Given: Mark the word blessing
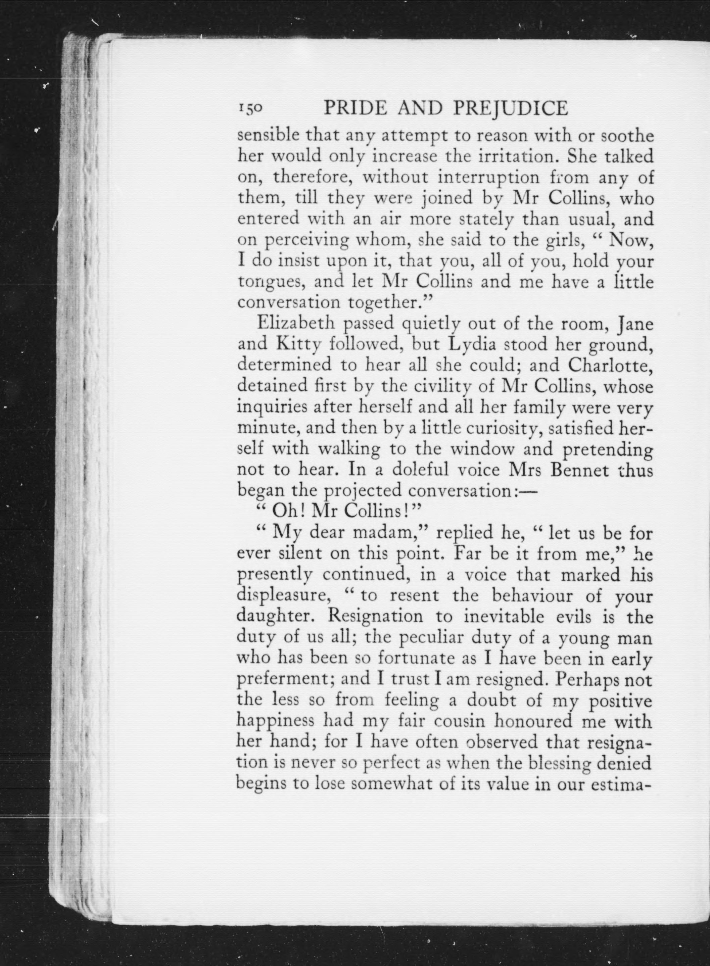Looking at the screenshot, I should (563, 764).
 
